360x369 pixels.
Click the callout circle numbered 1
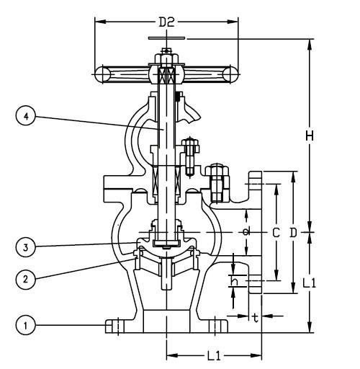(x=26, y=325)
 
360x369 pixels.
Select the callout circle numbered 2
(x=26, y=280)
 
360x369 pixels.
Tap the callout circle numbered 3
(x=26, y=247)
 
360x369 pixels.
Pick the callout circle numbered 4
(x=26, y=116)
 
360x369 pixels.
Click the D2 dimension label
(x=166, y=22)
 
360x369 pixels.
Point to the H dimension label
(x=310, y=136)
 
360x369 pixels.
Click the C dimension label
(x=276, y=233)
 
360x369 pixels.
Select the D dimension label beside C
(x=293, y=233)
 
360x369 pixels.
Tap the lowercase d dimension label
(x=246, y=231)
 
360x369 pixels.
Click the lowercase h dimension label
(x=234, y=280)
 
